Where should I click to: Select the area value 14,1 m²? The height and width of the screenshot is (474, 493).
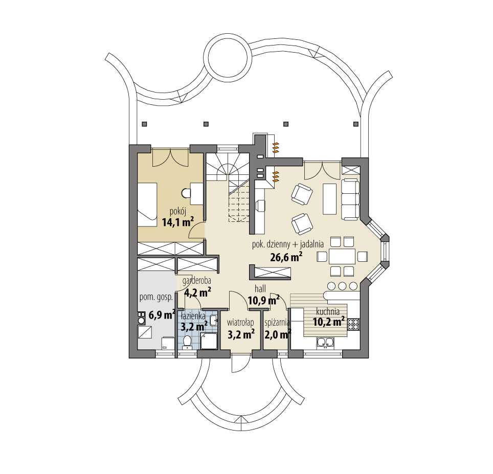click(177, 222)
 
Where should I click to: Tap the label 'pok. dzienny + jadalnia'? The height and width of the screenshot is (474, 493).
click(288, 245)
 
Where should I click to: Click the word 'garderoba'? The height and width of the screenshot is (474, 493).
click(197, 281)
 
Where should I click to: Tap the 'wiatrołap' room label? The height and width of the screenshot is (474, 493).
click(240, 322)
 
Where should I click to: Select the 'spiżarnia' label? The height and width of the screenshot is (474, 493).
click(278, 323)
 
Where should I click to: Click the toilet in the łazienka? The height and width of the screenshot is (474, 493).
click(187, 341)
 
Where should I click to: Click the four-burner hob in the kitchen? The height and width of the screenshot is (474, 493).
click(354, 324)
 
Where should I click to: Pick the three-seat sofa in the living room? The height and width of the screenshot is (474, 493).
click(351, 199)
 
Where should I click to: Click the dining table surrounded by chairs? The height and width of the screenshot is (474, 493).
click(342, 255)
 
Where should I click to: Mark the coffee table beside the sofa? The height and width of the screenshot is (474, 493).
click(329, 199)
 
